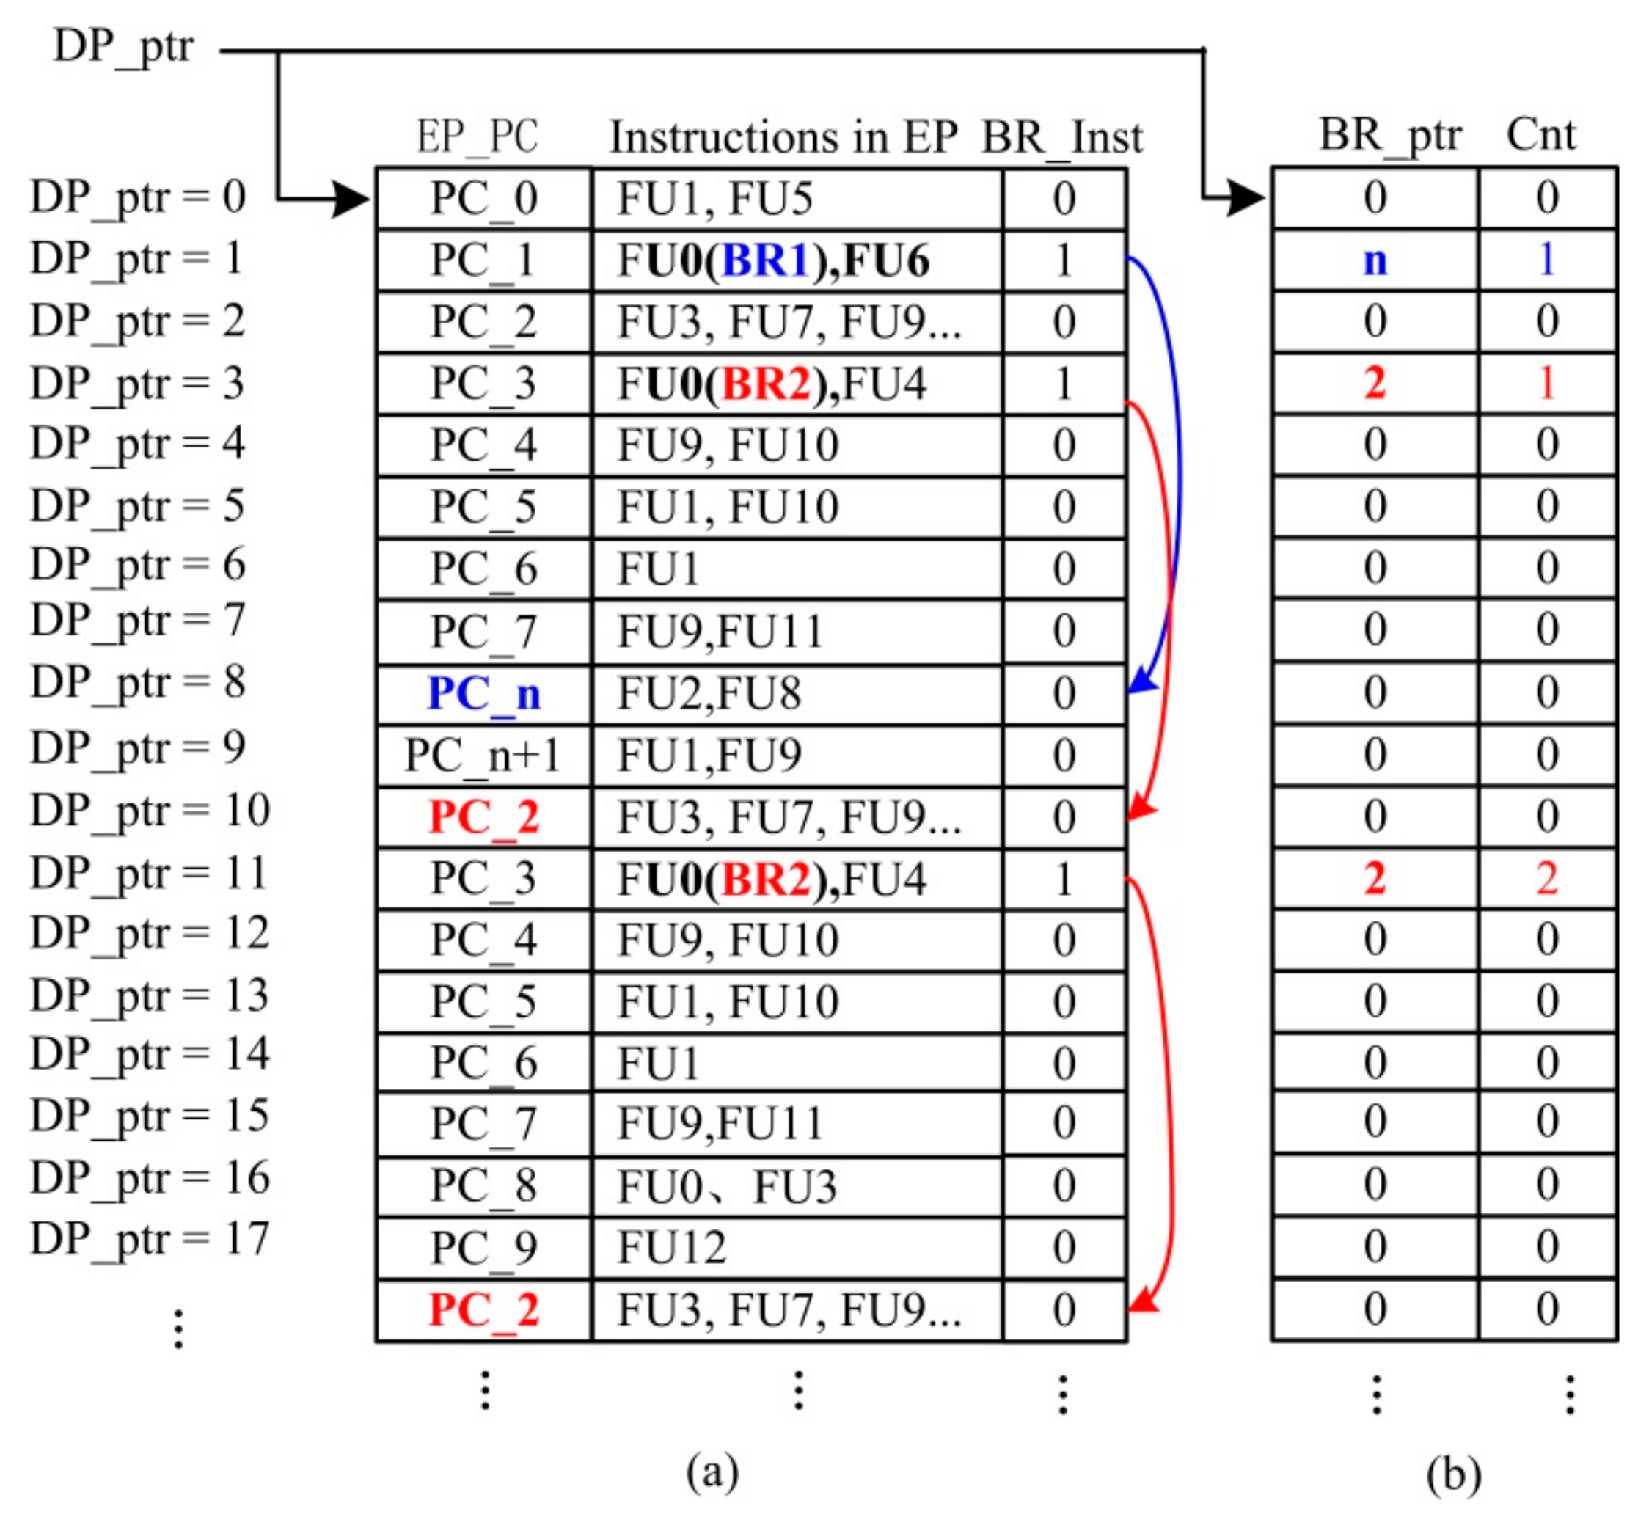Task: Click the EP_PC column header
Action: click(x=477, y=136)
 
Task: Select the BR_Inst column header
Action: click(x=1061, y=136)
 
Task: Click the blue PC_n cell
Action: click(x=483, y=695)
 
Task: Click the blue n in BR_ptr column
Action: click(x=1375, y=260)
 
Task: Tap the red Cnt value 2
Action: click(x=1546, y=878)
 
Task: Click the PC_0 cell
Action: click(x=483, y=199)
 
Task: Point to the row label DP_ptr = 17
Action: click(x=150, y=1239)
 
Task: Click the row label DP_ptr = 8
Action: click(x=138, y=682)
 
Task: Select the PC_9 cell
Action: click(x=483, y=1248)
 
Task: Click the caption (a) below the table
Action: click(x=712, y=1471)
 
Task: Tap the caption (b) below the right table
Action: click(x=1453, y=1473)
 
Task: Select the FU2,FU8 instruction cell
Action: click(x=709, y=694)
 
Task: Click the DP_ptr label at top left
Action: click(x=123, y=48)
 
